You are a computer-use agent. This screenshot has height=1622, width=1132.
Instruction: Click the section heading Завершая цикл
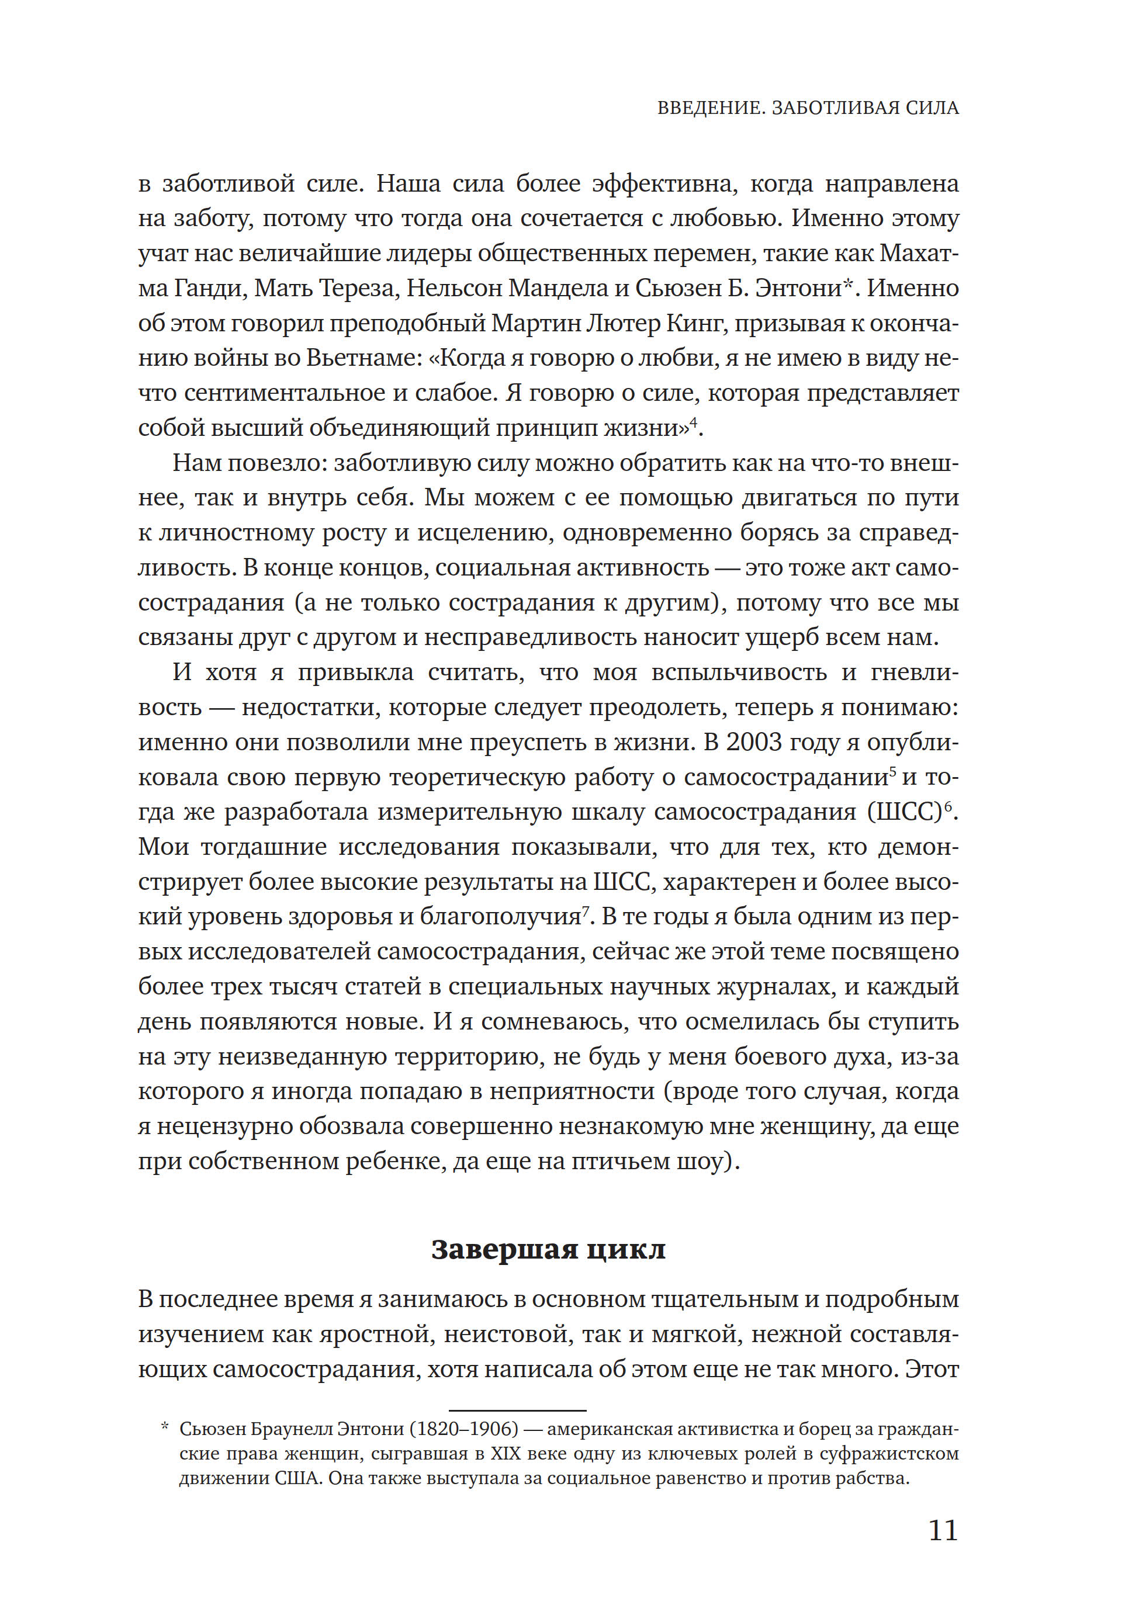548,1249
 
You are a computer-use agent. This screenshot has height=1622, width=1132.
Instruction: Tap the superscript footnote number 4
693,423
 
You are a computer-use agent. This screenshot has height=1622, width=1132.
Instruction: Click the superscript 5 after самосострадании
893,771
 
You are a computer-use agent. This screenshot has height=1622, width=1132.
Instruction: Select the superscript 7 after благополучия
585,911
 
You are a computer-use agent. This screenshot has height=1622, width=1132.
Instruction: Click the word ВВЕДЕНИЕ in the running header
709,108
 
